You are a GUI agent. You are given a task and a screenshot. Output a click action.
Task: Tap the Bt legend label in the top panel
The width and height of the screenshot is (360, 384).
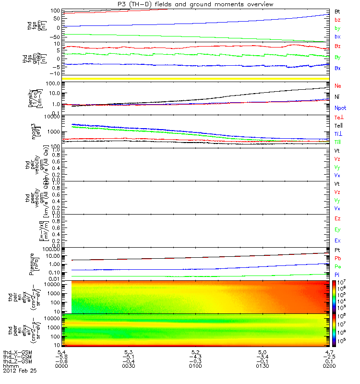tap(337, 11)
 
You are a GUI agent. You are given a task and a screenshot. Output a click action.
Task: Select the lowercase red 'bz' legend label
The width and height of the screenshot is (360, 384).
tap(337, 20)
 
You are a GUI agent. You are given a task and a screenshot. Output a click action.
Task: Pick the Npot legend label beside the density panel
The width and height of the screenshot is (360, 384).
tap(340, 108)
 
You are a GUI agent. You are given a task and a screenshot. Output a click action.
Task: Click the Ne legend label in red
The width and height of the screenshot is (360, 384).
tap(337, 85)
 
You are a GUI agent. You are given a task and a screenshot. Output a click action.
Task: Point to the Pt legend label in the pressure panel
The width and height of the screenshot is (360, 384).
tap(337, 251)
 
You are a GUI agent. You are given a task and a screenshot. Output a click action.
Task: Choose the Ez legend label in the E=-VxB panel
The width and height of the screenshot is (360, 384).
tap(337, 219)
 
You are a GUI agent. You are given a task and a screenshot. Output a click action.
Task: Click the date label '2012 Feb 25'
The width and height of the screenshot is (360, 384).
tap(20, 371)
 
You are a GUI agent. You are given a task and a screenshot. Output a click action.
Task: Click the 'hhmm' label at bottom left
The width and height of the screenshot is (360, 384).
tap(10, 366)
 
